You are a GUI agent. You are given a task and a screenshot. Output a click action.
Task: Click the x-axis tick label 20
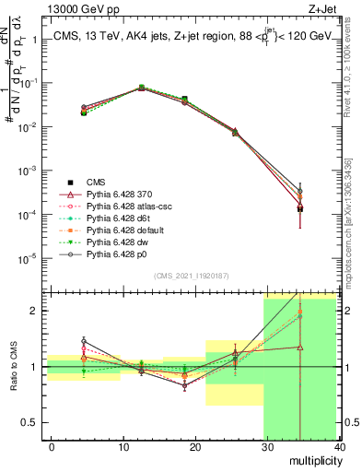[x=195, y=446]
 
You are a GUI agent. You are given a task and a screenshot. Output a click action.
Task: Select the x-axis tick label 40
[x=339, y=446]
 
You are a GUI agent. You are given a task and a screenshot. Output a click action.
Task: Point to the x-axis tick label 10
[x=123, y=446]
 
